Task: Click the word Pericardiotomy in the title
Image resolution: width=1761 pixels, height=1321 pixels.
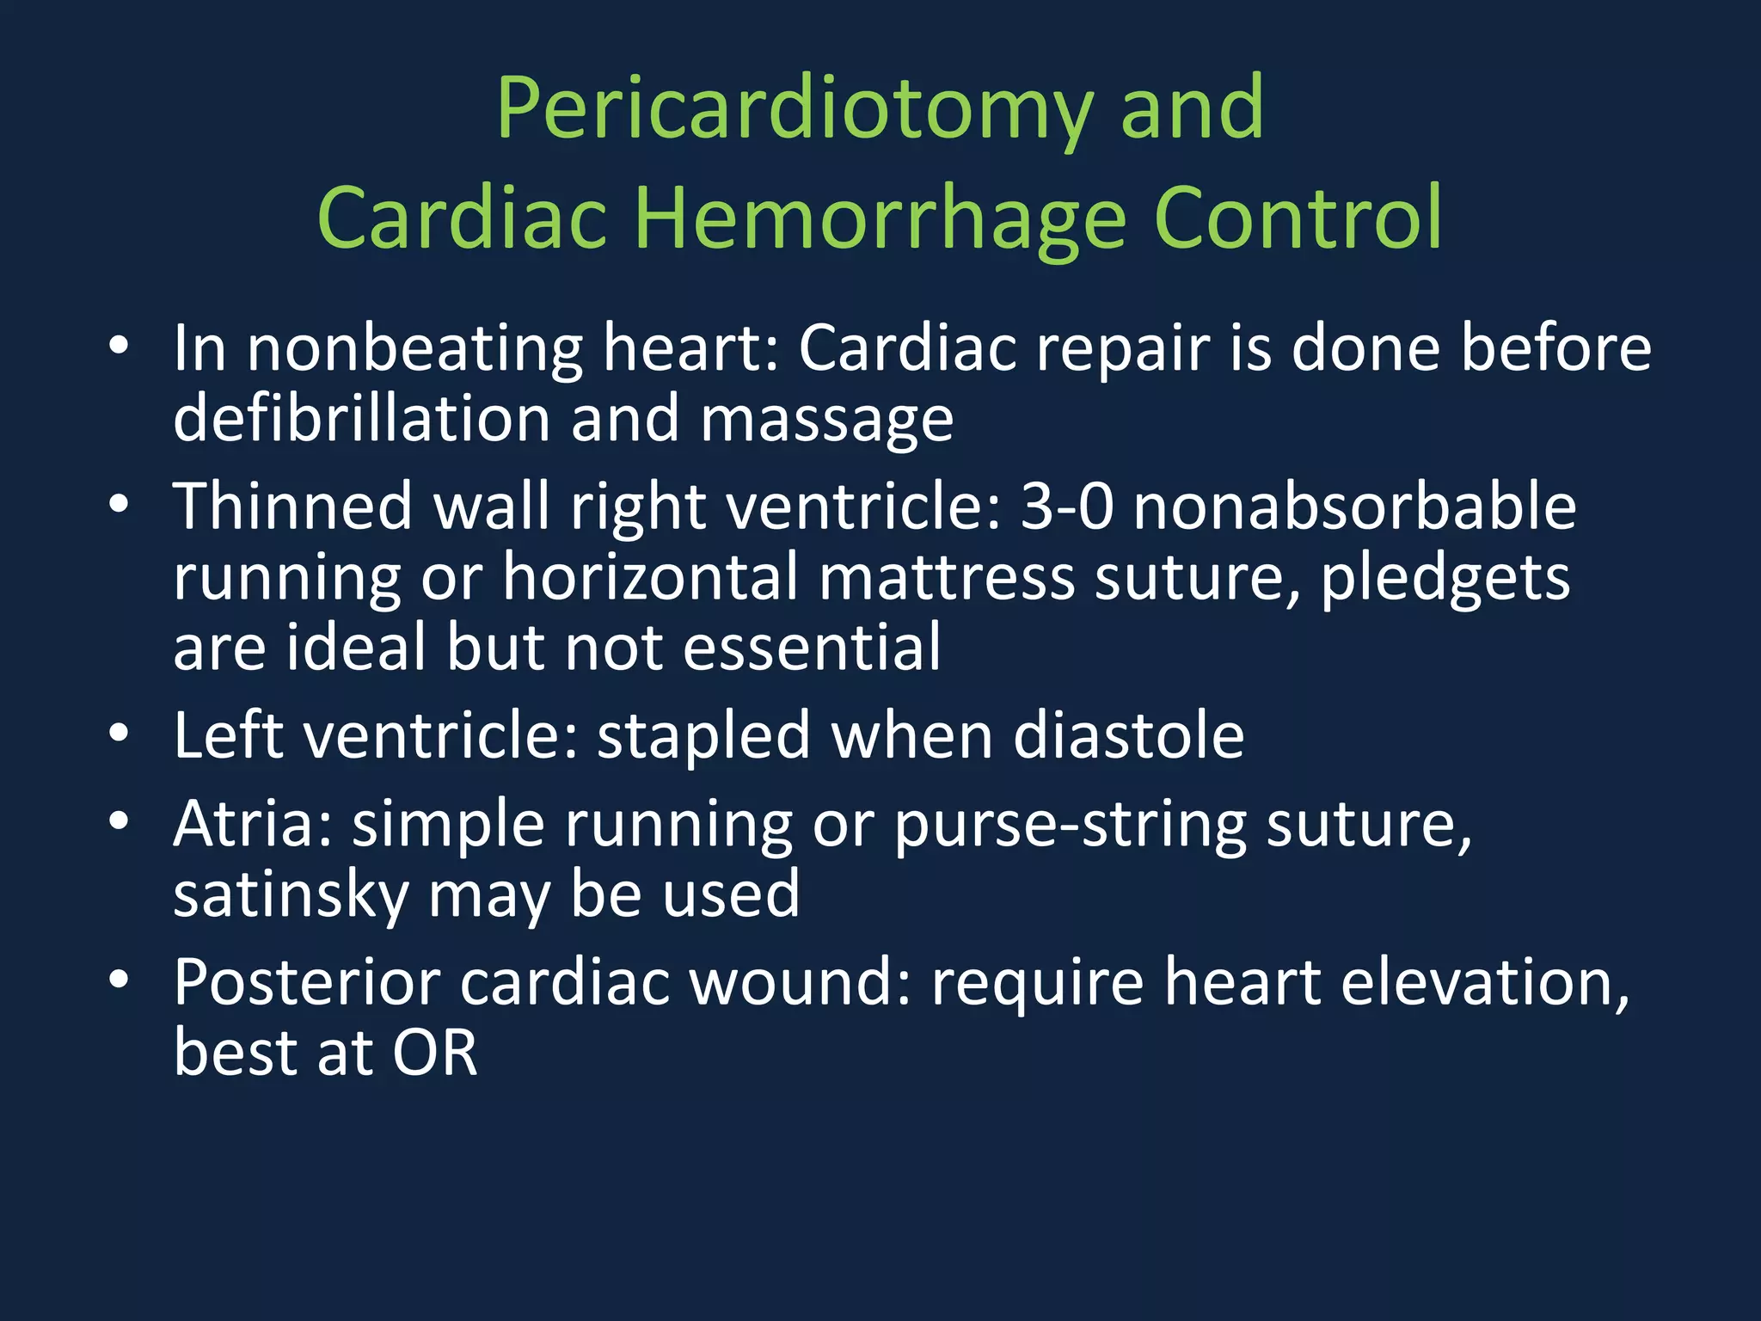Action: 795,110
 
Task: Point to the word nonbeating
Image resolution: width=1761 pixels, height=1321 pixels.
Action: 414,350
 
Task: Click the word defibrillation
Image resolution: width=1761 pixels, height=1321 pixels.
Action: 361,419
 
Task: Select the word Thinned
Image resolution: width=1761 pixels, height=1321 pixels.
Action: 293,507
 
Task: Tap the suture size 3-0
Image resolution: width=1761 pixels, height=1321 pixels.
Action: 1066,507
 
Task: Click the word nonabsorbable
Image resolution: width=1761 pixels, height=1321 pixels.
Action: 1354,507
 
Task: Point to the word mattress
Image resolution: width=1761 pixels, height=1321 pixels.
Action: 946,577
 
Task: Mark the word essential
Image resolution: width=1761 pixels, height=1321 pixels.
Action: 812,648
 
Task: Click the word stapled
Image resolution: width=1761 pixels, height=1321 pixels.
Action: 703,738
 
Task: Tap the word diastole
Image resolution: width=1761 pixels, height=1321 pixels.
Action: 1128,736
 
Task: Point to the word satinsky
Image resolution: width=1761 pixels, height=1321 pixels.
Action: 291,895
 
